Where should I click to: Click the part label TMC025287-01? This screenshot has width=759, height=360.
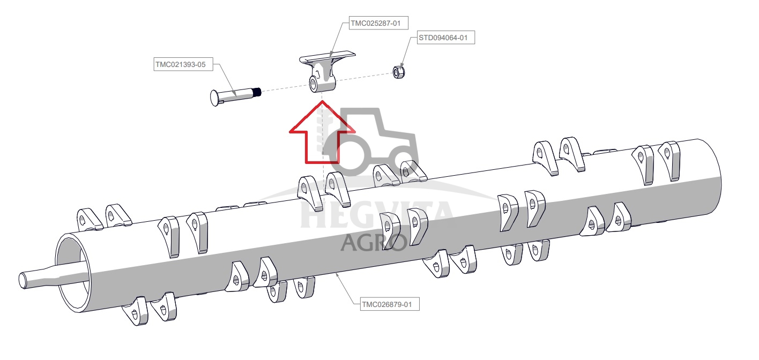click(378, 23)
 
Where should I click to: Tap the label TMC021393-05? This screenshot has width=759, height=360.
click(183, 64)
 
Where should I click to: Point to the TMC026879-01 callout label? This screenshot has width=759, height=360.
click(390, 304)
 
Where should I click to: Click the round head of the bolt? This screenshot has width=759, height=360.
click(215, 98)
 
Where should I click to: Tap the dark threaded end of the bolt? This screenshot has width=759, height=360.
click(257, 92)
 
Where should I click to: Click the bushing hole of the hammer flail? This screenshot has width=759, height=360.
click(312, 84)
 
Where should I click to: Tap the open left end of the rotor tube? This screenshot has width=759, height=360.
click(73, 273)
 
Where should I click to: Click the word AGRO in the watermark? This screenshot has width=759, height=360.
click(374, 243)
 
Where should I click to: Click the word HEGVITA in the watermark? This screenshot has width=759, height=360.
click(376, 215)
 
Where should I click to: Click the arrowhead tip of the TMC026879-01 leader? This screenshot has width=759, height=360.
click(336, 274)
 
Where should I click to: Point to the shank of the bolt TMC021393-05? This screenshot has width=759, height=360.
click(236, 95)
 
